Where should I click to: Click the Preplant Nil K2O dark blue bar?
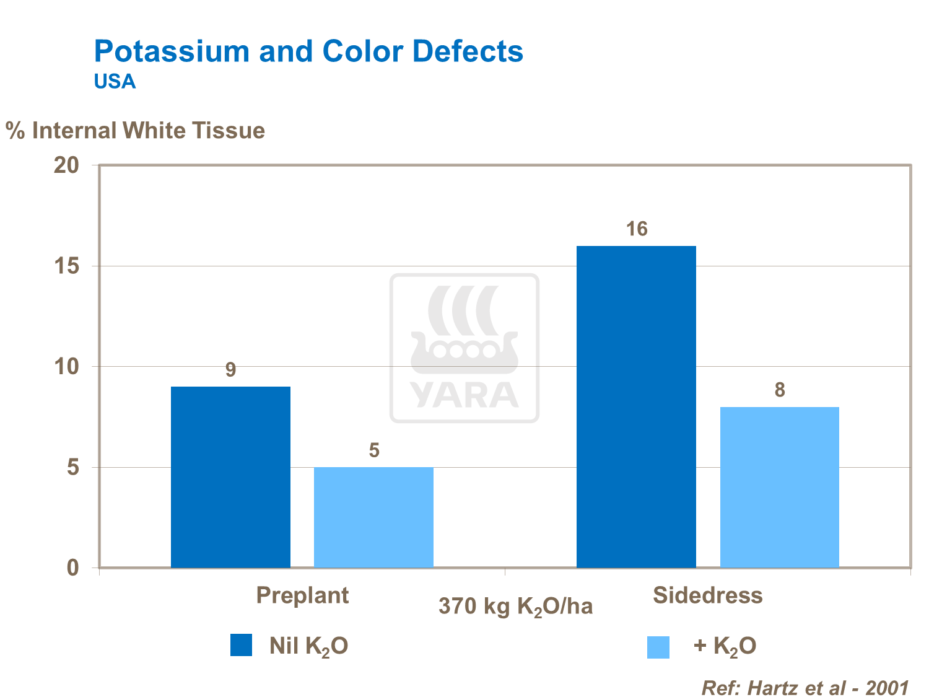click(230, 477)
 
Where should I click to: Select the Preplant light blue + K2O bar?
click(373, 517)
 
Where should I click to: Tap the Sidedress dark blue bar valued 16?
click(636, 406)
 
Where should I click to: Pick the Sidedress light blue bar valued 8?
click(779, 487)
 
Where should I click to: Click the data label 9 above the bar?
click(230, 370)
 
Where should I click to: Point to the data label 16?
click(636, 230)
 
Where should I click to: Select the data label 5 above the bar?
click(374, 450)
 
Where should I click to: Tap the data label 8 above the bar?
click(779, 390)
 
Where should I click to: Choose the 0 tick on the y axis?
click(72, 568)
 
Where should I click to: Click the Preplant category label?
click(302, 595)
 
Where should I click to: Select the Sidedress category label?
click(707, 595)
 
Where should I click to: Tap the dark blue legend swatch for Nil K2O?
click(241, 645)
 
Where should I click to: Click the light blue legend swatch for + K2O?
click(658, 647)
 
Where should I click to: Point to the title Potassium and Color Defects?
click(308, 51)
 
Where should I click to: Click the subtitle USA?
click(115, 82)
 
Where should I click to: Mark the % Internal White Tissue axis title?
click(136, 131)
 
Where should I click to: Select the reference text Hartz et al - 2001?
click(805, 688)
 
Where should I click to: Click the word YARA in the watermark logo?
click(464, 395)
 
